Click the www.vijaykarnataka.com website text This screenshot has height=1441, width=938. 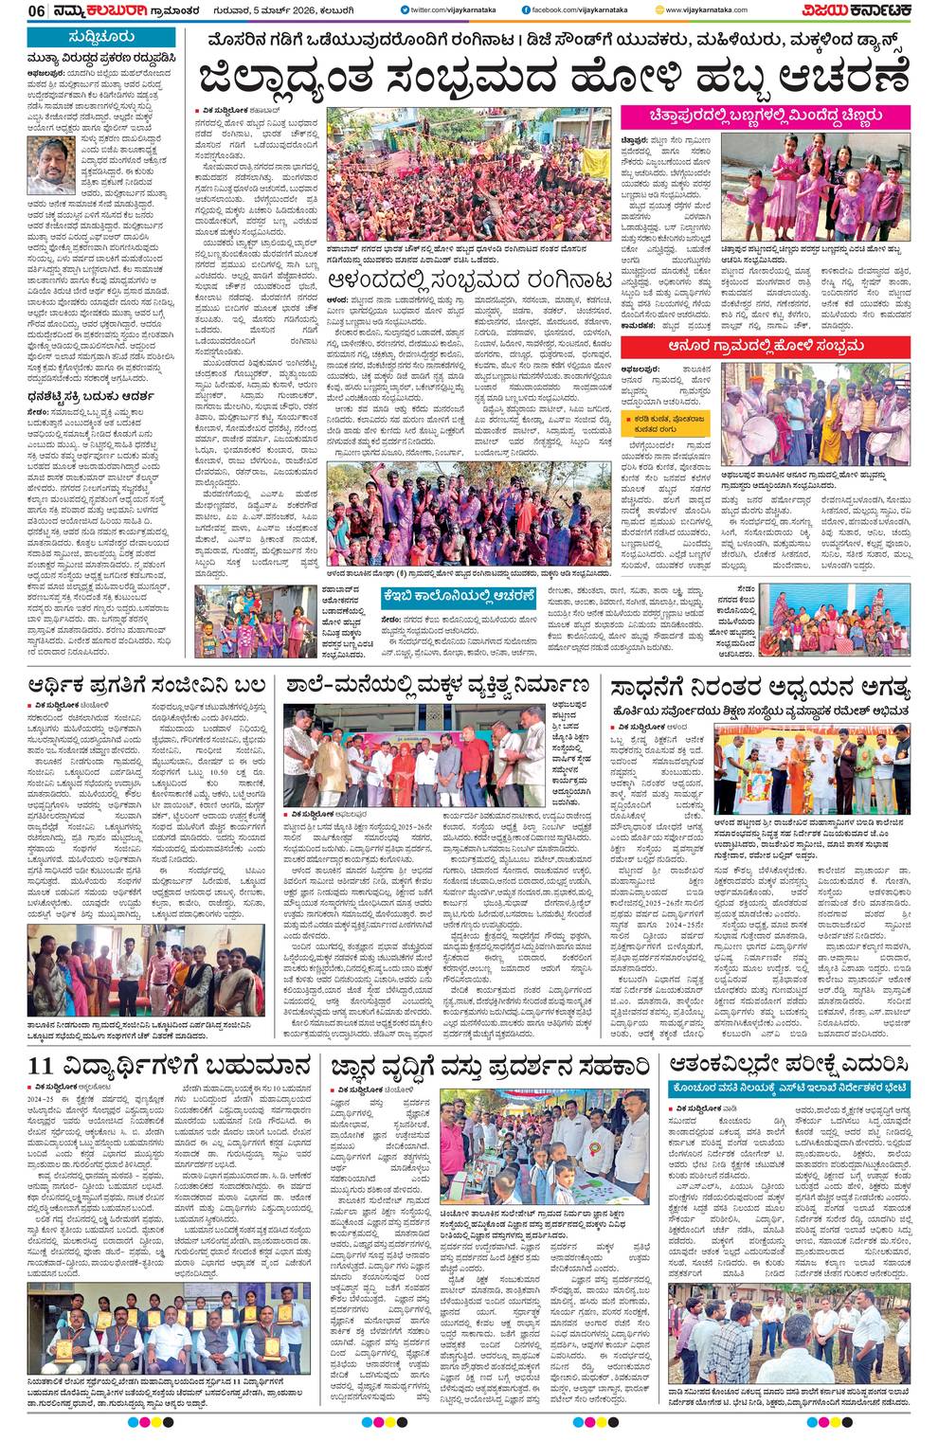[x=705, y=10]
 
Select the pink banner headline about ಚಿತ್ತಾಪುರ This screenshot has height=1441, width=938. [x=767, y=116]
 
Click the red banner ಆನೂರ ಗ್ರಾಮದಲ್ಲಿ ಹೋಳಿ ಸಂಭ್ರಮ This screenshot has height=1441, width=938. [x=766, y=347]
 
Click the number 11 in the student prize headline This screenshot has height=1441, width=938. [x=41, y=1065]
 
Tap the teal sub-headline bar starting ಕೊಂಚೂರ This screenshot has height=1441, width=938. [x=790, y=1090]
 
